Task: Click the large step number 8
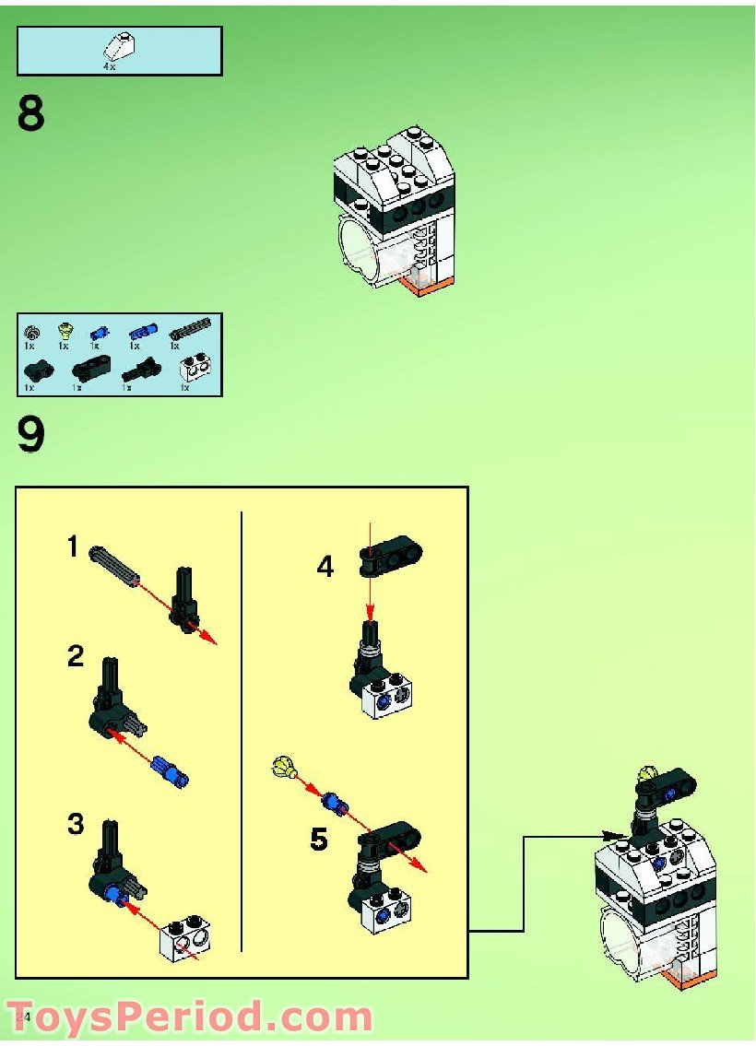(30, 114)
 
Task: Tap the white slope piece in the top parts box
(119, 44)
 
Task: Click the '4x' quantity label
(111, 65)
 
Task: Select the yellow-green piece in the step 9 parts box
(65, 330)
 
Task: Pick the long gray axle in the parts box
(190, 329)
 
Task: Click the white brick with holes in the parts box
(195, 370)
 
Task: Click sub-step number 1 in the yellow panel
(73, 547)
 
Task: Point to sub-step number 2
(76, 657)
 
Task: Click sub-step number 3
(76, 824)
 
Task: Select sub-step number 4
(325, 566)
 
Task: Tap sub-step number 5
(318, 840)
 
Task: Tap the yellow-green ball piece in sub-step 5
(284, 766)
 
